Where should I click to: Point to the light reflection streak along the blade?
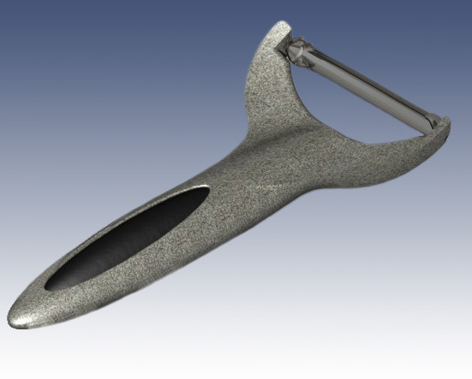[377, 86]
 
